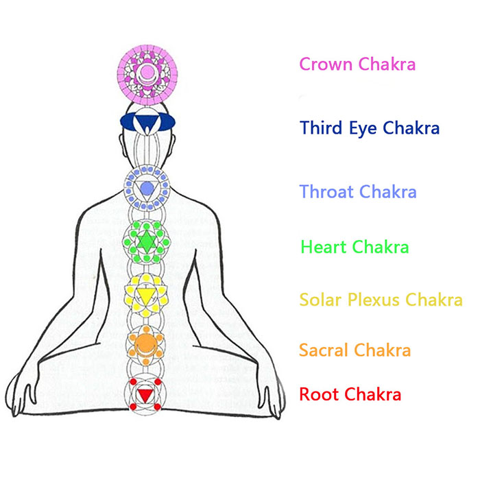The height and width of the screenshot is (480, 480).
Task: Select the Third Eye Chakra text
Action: pyautogui.click(x=370, y=128)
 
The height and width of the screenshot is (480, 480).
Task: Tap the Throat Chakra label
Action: pyautogui.click(x=359, y=192)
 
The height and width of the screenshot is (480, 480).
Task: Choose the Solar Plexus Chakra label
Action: pyautogui.click(x=381, y=300)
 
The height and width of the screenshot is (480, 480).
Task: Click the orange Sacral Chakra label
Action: pyautogui.click(x=355, y=350)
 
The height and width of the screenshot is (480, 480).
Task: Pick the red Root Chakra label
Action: pyautogui.click(x=350, y=394)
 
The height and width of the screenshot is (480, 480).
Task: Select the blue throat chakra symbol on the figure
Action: pyautogui.click(x=146, y=188)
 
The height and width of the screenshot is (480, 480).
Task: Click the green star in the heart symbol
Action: pyautogui.click(x=146, y=241)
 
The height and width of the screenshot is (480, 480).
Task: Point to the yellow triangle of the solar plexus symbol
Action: pyautogui.click(x=146, y=295)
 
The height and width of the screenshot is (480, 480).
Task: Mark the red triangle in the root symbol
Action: pyautogui.click(x=145, y=396)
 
